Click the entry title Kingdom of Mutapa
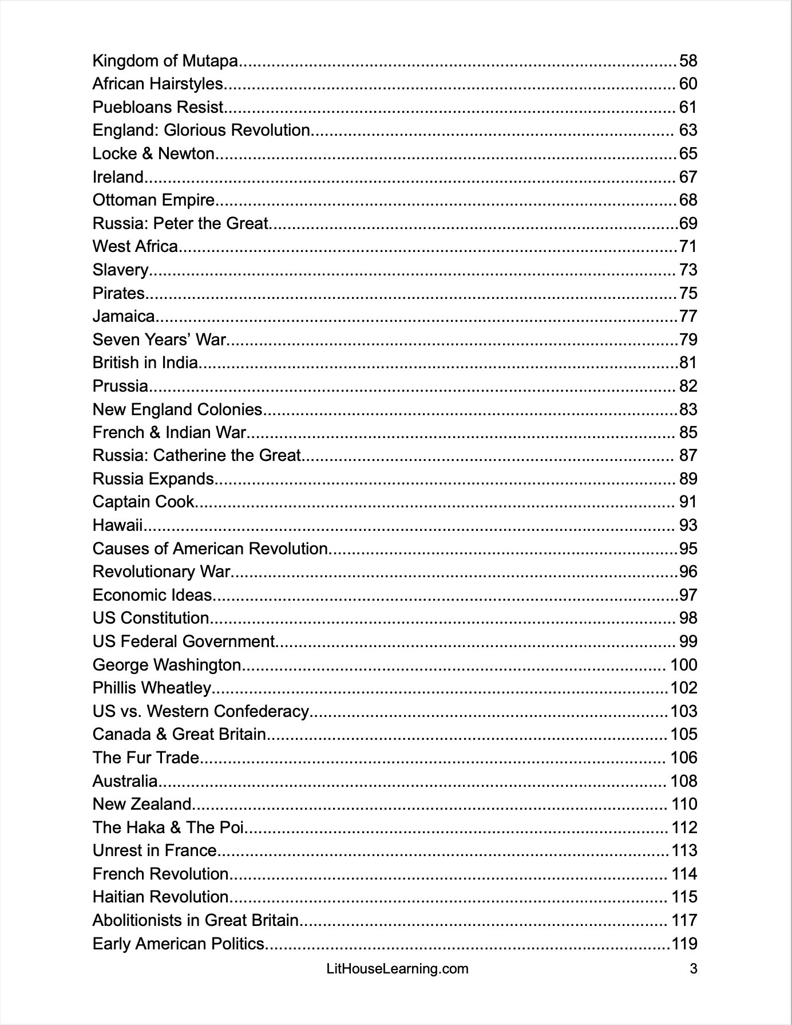[165, 61]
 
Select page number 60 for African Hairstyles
[688, 84]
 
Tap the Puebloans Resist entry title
[158, 107]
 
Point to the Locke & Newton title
[153, 153]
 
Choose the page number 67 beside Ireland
[688, 177]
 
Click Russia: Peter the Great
[180, 223]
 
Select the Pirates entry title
[119, 293]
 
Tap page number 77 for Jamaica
[688, 316]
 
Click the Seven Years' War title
[159, 340]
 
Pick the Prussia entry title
[120, 386]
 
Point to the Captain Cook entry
[144, 502]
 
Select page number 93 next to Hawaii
[688, 525]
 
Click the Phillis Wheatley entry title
[152, 688]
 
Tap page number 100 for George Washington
[684, 665]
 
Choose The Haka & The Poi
[168, 827]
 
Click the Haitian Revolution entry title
[160, 897]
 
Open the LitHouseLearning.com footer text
[397, 969]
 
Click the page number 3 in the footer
[694, 969]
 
